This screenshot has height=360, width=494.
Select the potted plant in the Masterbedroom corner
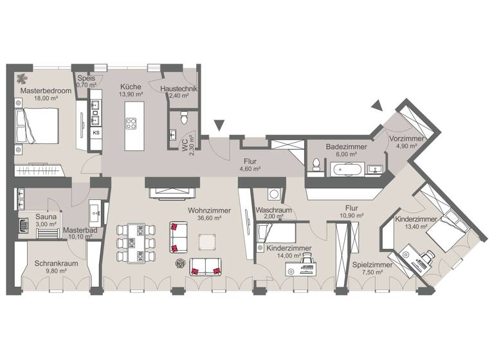(22, 79)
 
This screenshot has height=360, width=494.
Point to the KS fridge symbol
(96, 133)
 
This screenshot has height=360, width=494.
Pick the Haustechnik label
(179, 89)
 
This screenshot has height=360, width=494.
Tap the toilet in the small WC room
(185, 118)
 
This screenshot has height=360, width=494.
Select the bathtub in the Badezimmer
(347, 170)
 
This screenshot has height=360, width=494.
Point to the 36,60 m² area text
(208, 218)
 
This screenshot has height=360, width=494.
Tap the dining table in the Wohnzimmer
(136, 242)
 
